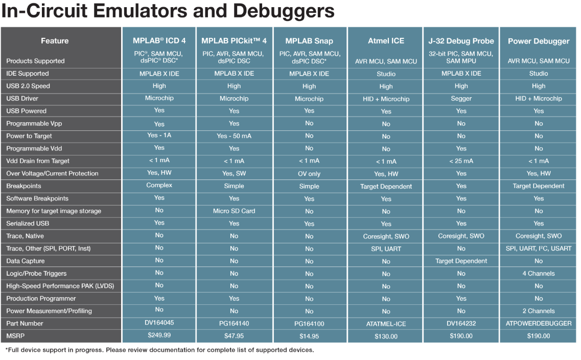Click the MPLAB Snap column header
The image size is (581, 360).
(x=309, y=41)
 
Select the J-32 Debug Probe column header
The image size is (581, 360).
(x=461, y=41)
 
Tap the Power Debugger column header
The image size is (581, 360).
(x=539, y=41)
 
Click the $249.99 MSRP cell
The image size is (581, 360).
(x=159, y=335)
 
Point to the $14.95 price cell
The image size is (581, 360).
(x=309, y=336)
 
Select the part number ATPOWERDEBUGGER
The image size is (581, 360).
(x=539, y=324)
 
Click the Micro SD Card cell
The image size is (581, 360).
(x=234, y=211)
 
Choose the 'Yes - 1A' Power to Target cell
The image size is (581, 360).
(x=159, y=136)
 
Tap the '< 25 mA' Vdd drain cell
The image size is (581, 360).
(x=461, y=161)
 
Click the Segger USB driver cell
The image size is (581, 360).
(x=461, y=99)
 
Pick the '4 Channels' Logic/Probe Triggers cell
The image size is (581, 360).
(x=539, y=274)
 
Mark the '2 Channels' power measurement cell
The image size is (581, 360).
(x=539, y=311)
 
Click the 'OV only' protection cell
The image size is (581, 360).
(x=309, y=174)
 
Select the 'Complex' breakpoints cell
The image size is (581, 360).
(x=159, y=185)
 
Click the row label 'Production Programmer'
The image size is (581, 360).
(x=41, y=299)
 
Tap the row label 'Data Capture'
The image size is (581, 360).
(x=26, y=261)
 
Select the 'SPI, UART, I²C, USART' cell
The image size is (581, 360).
(x=539, y=249)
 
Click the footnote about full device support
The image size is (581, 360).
(x=159, y=350)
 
